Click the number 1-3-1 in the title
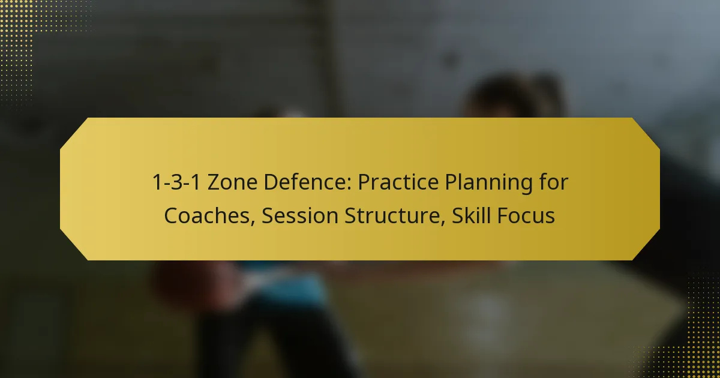[x=177, y=182]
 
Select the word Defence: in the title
[x=308, y=182]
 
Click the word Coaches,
[x=209, y=215]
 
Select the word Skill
[x=471, y=215]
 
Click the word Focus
[x=526, y=215]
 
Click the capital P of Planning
[x=451, y=182]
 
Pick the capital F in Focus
[x=502, y=215]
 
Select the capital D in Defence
[x=271, y=182]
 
